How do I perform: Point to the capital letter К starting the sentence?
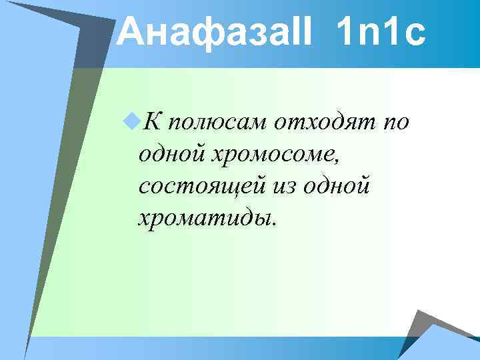pos(152,122)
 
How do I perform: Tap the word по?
pos(395,122)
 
